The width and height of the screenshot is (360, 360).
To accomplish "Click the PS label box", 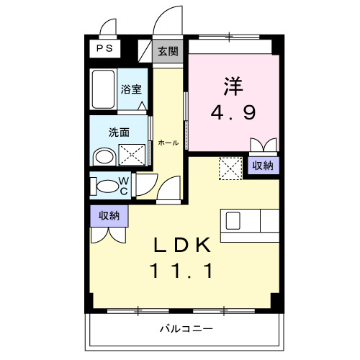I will pos(105,50).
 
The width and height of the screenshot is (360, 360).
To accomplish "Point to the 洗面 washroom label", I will pos(119,132).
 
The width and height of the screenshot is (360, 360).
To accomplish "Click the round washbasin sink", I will pos(105,156).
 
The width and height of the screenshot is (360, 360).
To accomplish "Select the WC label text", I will pos(123,185).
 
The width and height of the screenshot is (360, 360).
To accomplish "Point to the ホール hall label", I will pos(168,143).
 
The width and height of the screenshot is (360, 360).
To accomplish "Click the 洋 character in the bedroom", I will pos(233,84).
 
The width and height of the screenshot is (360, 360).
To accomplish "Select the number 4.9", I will pos(233,112).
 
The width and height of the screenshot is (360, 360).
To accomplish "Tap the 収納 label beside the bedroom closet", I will pos(263,165).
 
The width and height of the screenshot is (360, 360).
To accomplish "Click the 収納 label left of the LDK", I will pos(109,215).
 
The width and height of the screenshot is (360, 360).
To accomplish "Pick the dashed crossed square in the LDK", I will pos(230,169).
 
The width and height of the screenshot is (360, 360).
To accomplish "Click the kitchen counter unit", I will pos(250,223).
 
